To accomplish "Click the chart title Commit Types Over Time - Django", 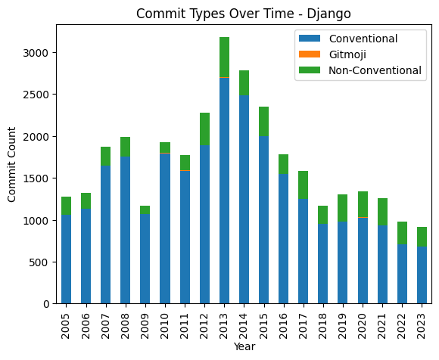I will (x=244, y=13).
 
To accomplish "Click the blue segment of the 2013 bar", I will (x=224, y=189).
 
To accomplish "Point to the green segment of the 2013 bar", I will (x=224, y=57).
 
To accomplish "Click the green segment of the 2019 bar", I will (x=342, y=208).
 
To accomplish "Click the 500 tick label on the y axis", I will (x=40, y=262).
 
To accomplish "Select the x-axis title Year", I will (x=244, y=347).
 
